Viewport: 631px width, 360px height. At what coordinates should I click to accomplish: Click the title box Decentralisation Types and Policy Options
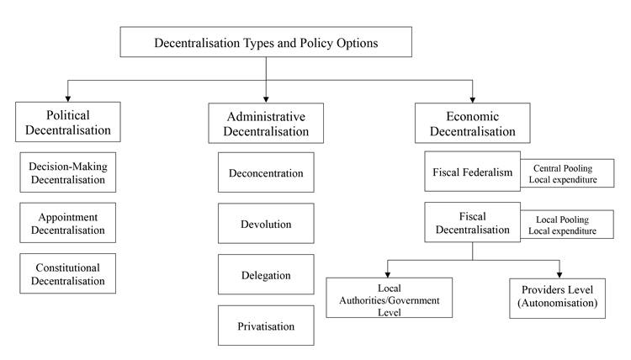click(266, 42)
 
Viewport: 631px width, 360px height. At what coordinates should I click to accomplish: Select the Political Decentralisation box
click(68, 122)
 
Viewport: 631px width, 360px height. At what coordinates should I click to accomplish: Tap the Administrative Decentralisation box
click(266, 123)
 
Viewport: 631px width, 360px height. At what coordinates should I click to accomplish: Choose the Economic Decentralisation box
click(473, 123)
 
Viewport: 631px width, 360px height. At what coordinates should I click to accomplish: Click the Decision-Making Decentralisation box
click(68, 172)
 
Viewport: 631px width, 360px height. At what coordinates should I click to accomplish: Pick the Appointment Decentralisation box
click(68, 223)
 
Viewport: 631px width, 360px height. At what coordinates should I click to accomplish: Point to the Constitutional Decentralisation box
click(68, 273)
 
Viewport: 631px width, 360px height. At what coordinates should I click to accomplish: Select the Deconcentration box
click(266, 172)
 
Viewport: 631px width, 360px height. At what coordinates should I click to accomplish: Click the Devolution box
click(266, 223)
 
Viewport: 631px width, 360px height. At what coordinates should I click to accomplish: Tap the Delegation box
click(266, 274)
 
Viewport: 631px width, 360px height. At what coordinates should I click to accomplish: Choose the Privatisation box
click(266, 326)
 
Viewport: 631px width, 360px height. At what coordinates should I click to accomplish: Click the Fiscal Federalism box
click(473, 172)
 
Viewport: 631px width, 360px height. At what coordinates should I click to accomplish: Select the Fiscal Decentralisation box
click(473, 222)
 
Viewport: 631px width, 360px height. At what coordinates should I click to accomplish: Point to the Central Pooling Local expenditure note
click(567, 173)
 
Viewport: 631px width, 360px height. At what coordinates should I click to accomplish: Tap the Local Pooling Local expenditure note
click(567, 224)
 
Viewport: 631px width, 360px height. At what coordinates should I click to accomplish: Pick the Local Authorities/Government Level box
click(390, 298)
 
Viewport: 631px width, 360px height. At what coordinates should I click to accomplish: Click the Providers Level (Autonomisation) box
click(557, 299)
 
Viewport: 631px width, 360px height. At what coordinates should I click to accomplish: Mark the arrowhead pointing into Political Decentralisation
click(68, 98)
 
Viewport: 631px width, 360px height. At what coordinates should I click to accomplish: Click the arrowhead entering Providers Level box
click(559, 275)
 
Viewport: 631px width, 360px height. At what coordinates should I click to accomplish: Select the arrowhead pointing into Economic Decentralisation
click(473, 100)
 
